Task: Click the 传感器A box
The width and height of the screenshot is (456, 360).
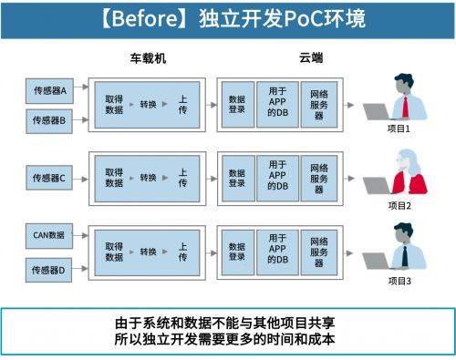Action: [49, 91]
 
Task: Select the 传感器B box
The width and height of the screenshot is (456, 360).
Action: [49, 119]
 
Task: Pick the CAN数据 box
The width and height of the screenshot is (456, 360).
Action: [49, 235]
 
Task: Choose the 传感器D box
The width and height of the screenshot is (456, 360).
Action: [49, 270]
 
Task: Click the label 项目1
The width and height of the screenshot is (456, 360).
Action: [400, 129]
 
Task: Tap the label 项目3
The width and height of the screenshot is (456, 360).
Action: [400, 281]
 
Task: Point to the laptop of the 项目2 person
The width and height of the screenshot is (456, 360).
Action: [377, 185]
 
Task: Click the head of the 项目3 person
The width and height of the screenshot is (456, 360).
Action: [403, 234]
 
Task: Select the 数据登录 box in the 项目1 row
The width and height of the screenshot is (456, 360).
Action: [237, 104]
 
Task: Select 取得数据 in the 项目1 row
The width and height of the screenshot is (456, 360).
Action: [114, 104]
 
